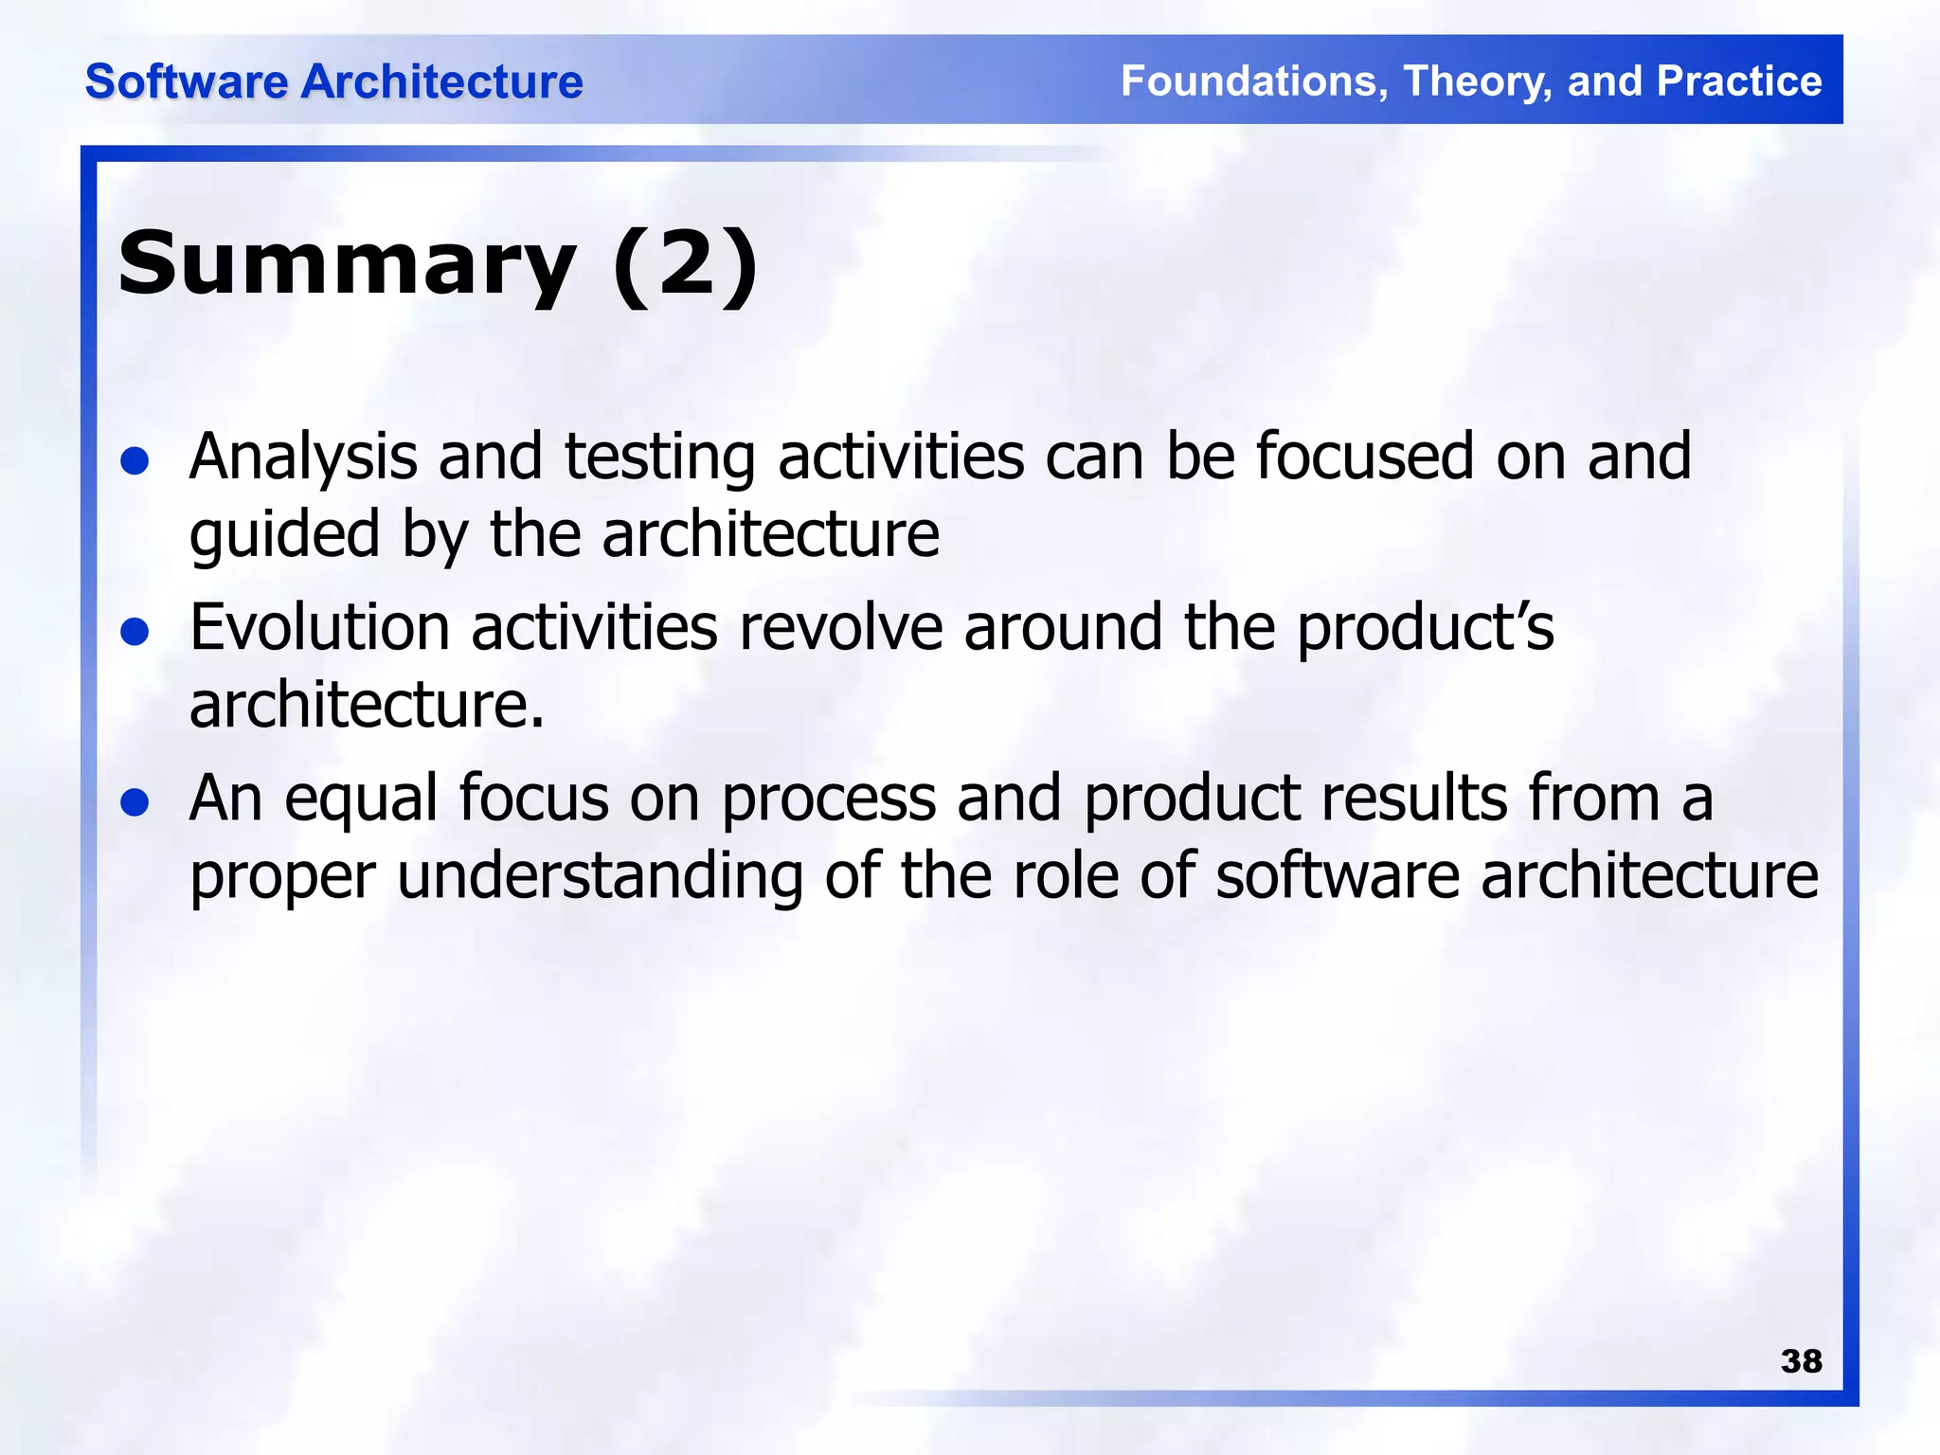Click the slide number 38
coord(1801,1361)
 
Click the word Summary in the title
coord(347,264)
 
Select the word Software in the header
coord(187,81)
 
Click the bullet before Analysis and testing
coord(135,461)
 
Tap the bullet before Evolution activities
coord(135,632)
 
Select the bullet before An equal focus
coord(135,802)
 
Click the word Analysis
coord(303,458)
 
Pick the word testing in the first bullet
coord(660,458)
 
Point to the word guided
coord(284,535)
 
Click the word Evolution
coord(319,628)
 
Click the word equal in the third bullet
coord(361,800)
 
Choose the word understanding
coord(600,877)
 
